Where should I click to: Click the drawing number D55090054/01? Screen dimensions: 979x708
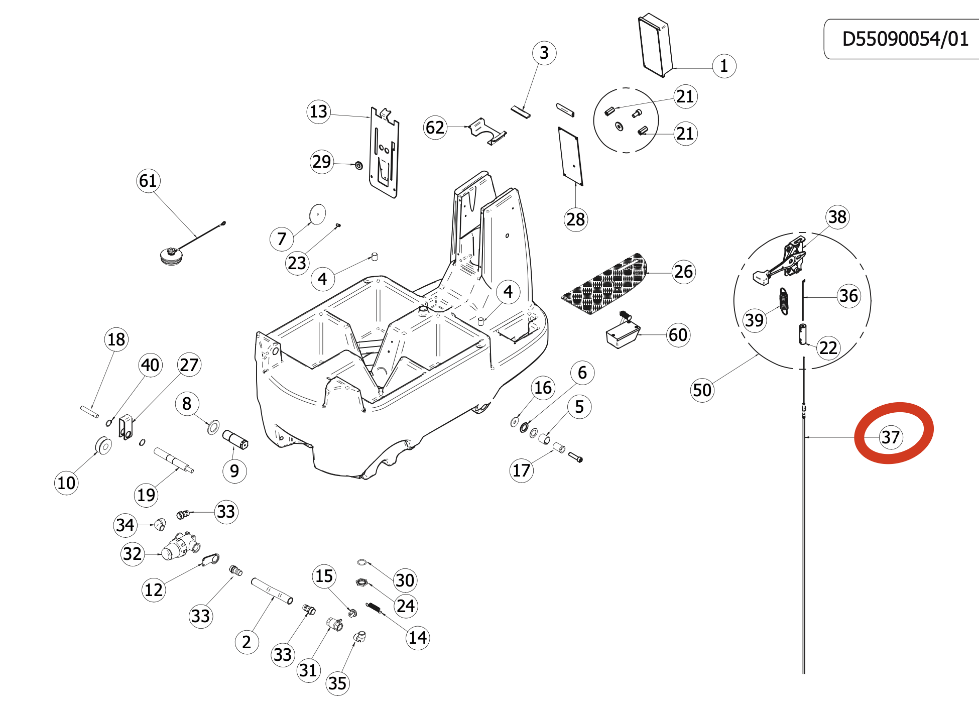905,39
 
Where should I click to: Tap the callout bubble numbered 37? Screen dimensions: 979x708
891,437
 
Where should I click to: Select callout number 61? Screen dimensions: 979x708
148,180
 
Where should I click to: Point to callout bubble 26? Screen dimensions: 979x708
683,272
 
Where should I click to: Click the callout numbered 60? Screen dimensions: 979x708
678,334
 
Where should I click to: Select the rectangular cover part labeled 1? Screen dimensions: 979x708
655,45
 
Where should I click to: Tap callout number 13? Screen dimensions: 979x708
319,111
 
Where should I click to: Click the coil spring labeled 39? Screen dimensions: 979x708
784,301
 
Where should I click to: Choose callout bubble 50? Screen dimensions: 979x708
702,390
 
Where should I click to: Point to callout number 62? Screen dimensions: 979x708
435,127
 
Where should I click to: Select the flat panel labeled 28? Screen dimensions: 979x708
571,156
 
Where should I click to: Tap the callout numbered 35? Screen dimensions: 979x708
337,683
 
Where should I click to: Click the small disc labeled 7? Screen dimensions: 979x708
317,214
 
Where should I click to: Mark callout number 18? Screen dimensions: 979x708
116,339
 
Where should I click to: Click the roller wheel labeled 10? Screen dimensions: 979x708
104,445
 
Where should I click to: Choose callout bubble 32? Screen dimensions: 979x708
133,553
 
